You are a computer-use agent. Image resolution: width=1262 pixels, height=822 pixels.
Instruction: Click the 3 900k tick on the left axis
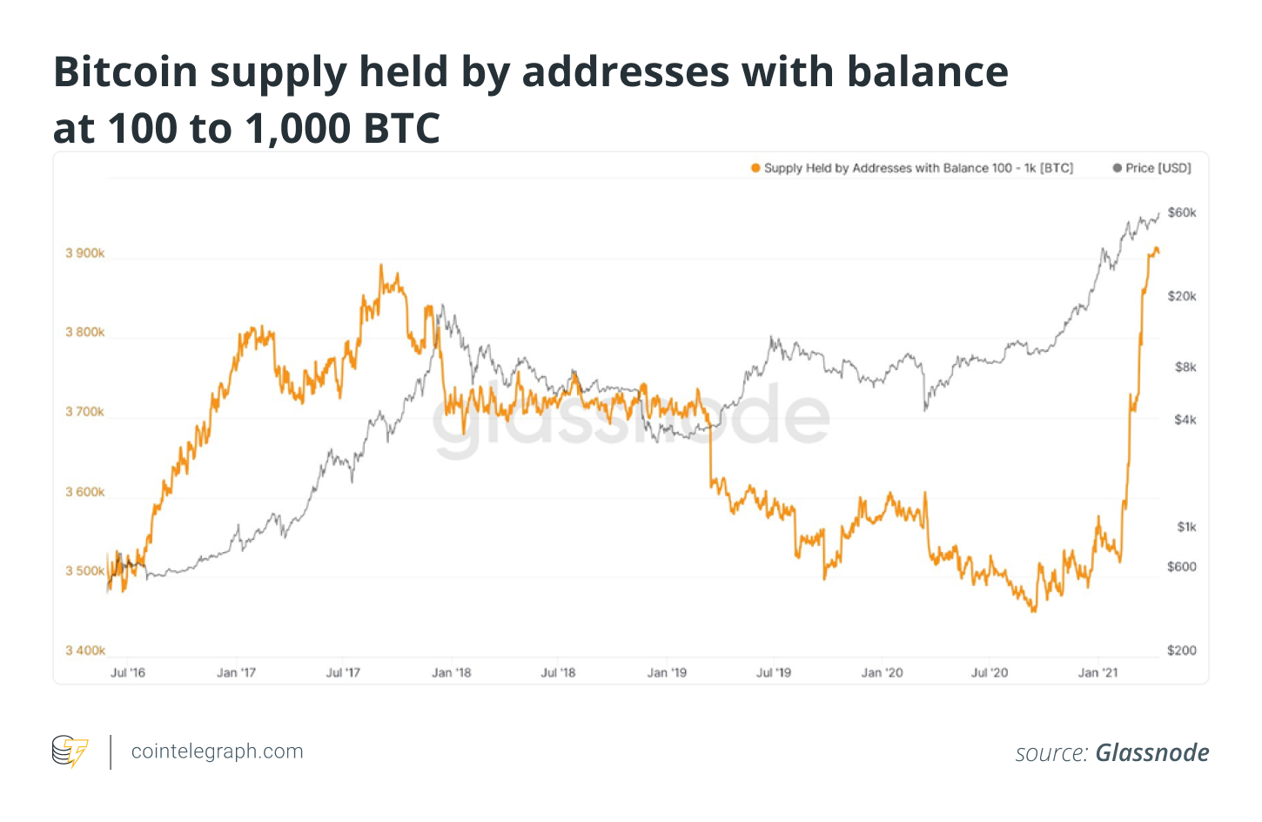(84, 253)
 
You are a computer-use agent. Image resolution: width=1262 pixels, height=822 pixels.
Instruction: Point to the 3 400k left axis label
(84, 650)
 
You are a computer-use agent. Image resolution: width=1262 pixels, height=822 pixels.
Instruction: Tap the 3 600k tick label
(84, 492)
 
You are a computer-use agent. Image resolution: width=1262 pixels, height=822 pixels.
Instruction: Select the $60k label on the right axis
(1182, 212)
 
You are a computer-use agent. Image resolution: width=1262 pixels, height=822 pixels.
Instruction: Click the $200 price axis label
(1182, 650)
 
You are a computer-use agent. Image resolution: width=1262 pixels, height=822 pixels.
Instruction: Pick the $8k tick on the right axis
(1185, 367)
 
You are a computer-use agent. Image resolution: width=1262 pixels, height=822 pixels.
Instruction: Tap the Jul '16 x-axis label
(128, 673)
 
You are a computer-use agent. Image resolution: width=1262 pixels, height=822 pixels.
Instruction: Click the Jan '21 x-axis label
(1098, 673)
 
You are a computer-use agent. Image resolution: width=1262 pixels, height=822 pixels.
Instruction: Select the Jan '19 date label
(667, 673)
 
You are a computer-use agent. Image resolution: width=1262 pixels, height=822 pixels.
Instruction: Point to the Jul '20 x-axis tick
(990, 673)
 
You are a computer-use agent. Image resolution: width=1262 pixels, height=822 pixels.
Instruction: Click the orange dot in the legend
(755, 168)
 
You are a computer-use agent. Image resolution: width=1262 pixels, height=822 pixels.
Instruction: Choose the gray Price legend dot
(1118, 168)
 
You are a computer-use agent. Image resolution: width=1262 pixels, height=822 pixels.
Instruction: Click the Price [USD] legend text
(1158, 168)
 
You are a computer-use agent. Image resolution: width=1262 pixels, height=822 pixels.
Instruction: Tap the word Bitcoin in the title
(125, 72)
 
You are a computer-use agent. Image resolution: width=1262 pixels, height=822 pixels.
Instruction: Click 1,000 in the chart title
(299, 129)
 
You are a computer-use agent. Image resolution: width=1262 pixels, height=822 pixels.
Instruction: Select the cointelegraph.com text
(217, 751)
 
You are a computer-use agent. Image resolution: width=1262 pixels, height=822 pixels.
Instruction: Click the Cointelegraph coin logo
(70, 751)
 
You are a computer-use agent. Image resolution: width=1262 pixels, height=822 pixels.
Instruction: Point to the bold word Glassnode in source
(1152, 753)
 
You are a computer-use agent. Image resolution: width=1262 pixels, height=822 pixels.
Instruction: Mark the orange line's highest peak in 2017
(381, 266)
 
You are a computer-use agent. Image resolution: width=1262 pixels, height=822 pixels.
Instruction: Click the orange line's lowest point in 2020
(1034, 611)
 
